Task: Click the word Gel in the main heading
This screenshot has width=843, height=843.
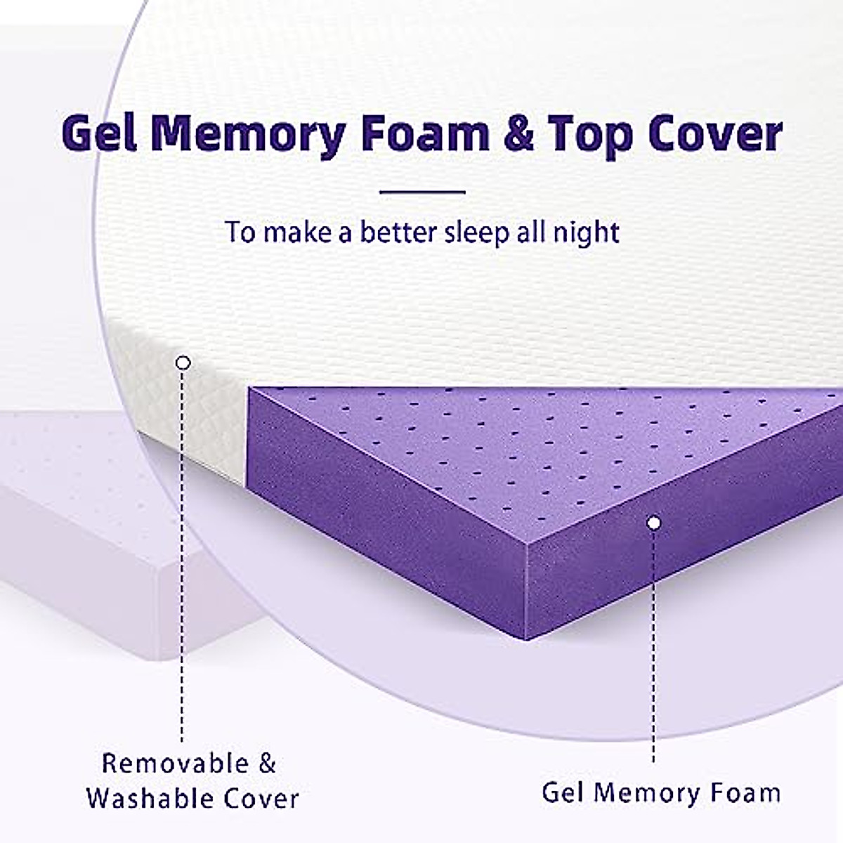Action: click(x=98, y=133)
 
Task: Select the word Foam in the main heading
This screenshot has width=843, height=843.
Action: click(x=424, y=133)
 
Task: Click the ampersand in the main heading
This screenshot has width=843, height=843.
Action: click(x=518, y=133)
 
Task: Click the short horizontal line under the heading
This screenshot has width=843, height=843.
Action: click(x=422, y=191)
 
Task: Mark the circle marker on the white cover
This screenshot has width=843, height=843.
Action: click(x=183, y=362)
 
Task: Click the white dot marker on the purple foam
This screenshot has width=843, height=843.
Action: click(x=654, y=523)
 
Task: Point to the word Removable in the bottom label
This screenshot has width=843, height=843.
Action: click(x=175, y=764)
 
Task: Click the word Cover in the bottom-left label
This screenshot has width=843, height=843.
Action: click(x=261, y=799)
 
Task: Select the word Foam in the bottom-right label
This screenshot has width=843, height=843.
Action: click(x=745, y=793)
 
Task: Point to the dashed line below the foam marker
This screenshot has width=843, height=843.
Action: click(x=654, y=646)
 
